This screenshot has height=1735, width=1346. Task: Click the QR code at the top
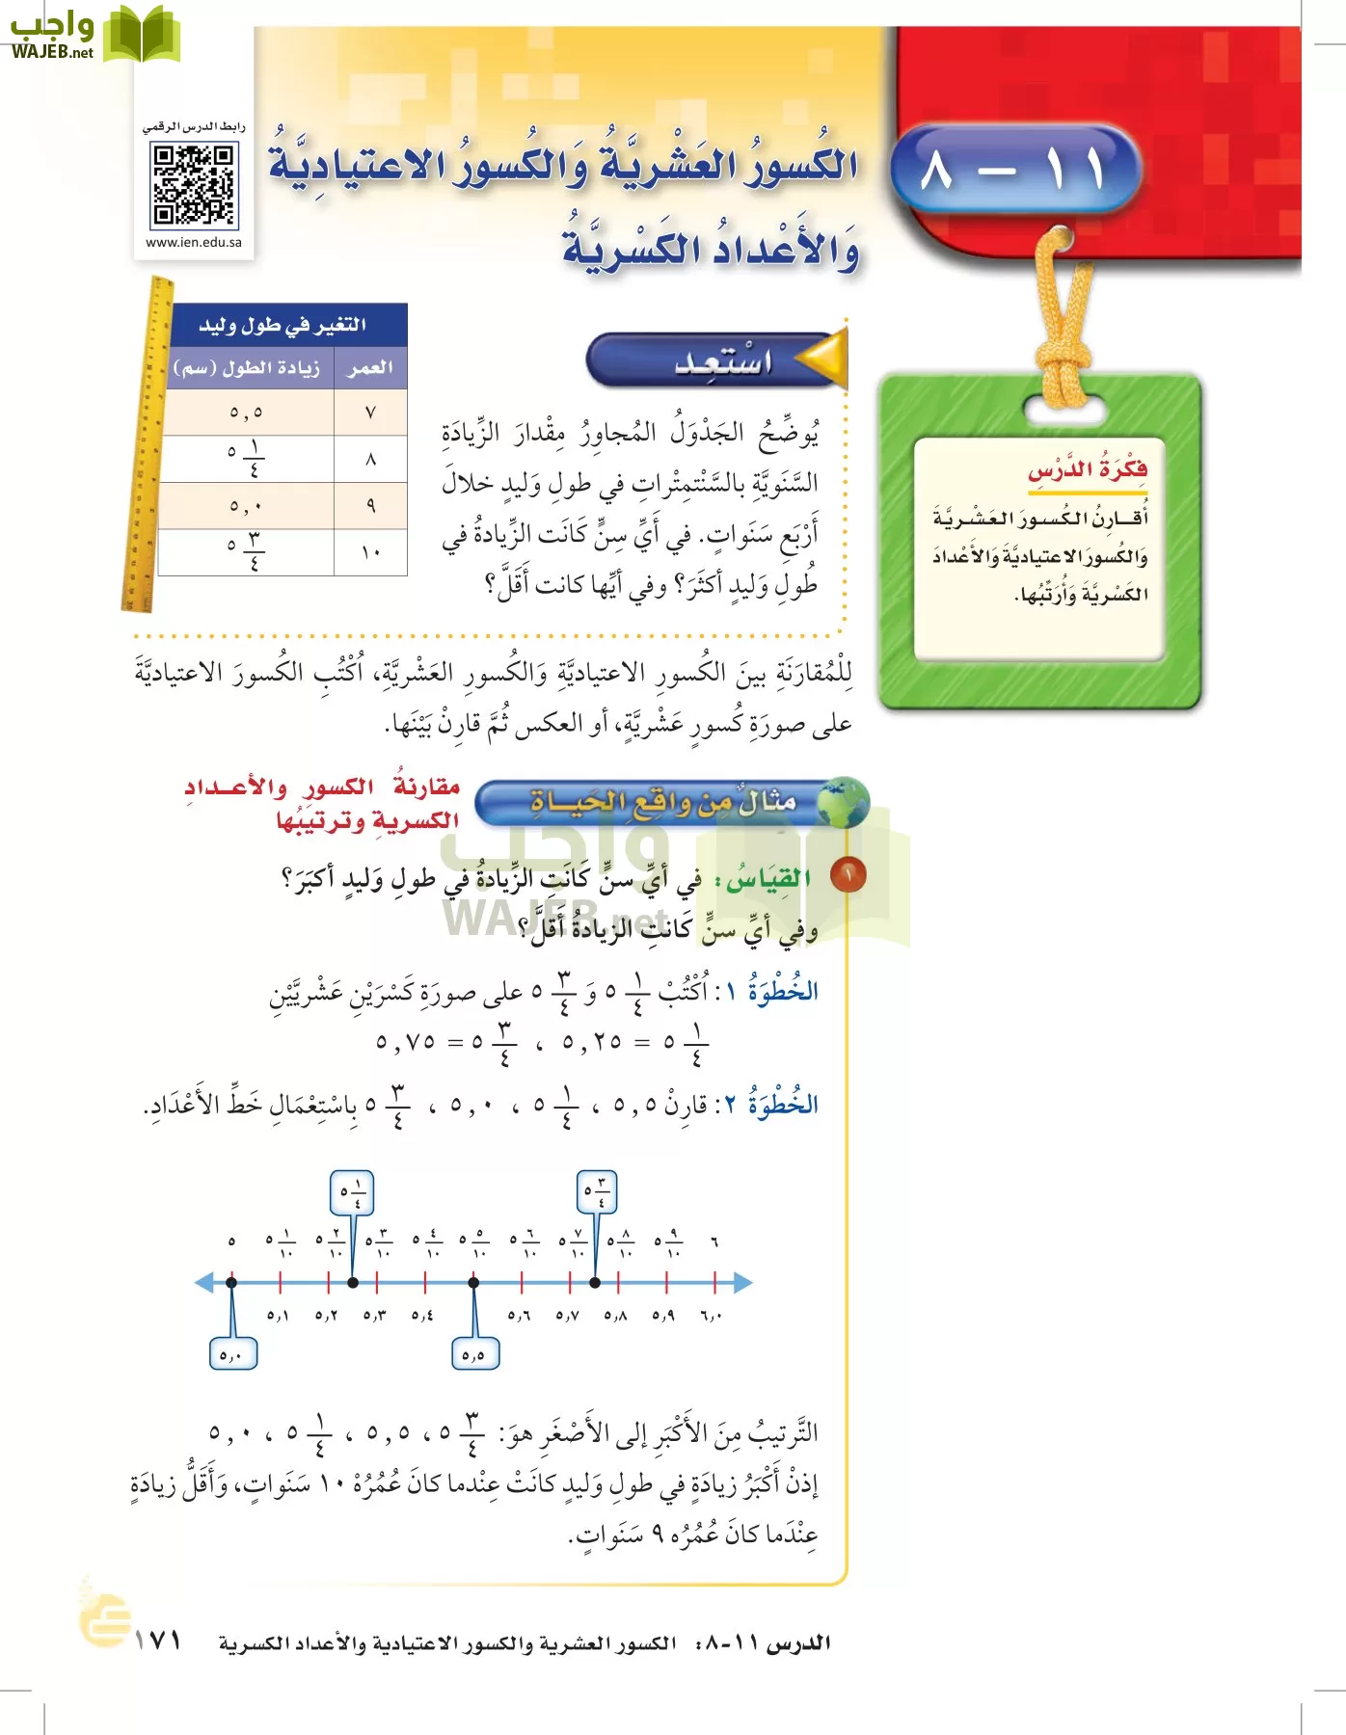(x=194, y=184)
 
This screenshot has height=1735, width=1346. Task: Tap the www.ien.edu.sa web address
(x=194, y=243)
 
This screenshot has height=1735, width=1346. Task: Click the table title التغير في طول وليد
(x=283, y=325)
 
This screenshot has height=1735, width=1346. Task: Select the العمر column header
(x=370, y=367)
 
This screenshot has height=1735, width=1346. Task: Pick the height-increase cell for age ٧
(x=246, y=413)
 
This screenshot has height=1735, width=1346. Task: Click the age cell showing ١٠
(x=370, y=552)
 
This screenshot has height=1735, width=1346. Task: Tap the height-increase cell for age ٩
(x=246, y=506)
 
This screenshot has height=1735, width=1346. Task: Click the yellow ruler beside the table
(x=148, y=443)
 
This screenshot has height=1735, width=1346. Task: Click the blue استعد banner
(x=713, y=360)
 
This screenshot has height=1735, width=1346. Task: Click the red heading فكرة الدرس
(x=1088, y=470)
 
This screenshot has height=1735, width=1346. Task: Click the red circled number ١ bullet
(x=848, y=875)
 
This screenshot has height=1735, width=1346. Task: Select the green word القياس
(x=768, y=879)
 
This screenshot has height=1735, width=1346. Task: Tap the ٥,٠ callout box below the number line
(x=232, y=1353)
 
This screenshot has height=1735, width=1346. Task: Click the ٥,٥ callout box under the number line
(x=474, y=1353)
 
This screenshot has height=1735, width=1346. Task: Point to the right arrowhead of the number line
(x=742, y=1283)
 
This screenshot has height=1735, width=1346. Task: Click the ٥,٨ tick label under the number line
(x=616, y=1315)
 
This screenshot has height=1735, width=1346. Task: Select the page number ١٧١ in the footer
(x=158, y=1640)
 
